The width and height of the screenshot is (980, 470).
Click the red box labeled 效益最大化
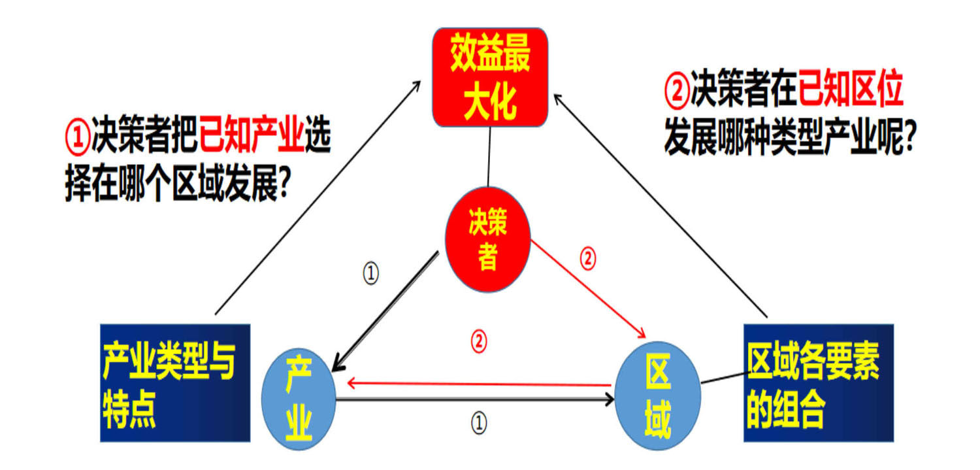pyautogui.click(x=490, y=77)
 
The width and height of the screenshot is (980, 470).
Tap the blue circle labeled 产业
pyautogui.click(x=299, y=399)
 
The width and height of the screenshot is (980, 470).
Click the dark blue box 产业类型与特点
pyautogui.click(x=175, y=382)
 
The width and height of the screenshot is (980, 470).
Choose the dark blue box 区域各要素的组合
pyautogui.click(x=818, y=382)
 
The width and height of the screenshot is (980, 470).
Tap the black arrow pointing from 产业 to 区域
pyautogui.click(x=477, y=399)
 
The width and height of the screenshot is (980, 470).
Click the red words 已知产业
pyautogui.click(x=252, y=139)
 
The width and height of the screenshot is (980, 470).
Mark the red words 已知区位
pyautogui.click(x=850, y=91)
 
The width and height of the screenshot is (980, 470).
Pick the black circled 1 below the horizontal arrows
pyautogui.click(x=479, y=423)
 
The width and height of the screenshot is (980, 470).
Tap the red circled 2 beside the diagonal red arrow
pyautogui.click(x=588, y=260)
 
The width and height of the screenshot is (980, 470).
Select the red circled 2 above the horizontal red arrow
pyautogui.click(x=479, y=341)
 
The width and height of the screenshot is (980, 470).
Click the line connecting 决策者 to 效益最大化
pyautogui.click(x=489, y=157)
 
